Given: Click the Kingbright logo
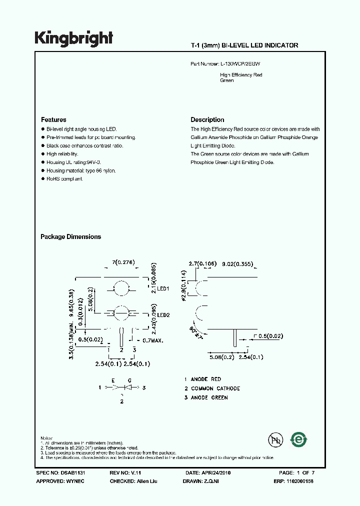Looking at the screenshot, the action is [x=74, y=38].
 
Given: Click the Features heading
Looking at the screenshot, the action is [x=53, y=120].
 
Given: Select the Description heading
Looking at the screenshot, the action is [x=207, y=120].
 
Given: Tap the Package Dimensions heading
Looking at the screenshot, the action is [x=70, y=237].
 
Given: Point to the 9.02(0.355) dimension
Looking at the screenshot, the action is [x=237, y=263].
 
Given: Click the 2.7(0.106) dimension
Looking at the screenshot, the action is [x=201, y=263].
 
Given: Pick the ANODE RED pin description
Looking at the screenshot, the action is [x=205, y=379].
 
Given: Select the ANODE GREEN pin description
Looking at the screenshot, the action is [x=209, y=397].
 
